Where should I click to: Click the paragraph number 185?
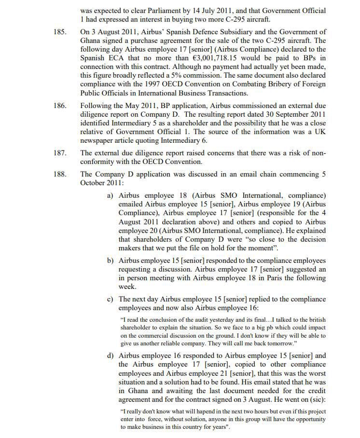(x=60, y=32)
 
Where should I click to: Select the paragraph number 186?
(x=60, y=106)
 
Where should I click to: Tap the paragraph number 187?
(x=60, y=153)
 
